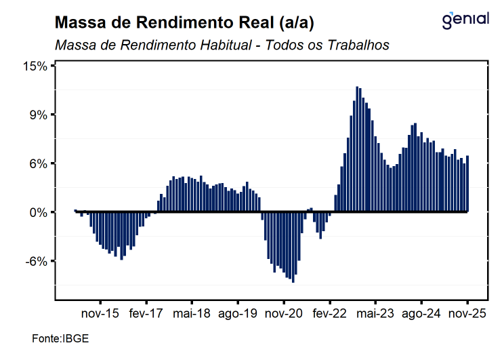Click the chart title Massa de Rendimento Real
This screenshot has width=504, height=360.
(x=184, y=23)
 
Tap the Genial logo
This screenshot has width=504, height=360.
(x=465, y=20)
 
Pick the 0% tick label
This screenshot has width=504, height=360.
(x=39, y=212)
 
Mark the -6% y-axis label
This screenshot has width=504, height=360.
(x=38, y=261)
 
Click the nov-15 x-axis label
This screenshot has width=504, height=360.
(x=100, y=314)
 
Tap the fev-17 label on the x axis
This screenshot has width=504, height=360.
(x=146, y=314)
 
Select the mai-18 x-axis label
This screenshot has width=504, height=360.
(x=192, y=314)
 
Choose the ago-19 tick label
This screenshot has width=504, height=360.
(x=238, y=314)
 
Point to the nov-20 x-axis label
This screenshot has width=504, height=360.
(x=284, y=314)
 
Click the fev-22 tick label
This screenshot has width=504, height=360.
(x=330, y=314)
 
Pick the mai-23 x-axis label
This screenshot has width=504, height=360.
(x=375, y=314)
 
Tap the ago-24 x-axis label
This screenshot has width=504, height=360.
(x=421, y=314)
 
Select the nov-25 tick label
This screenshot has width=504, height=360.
(x=467, y=314)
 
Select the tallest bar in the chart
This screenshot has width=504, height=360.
(x=357, y=149)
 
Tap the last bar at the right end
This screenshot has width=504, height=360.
(x=467, y=184)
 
